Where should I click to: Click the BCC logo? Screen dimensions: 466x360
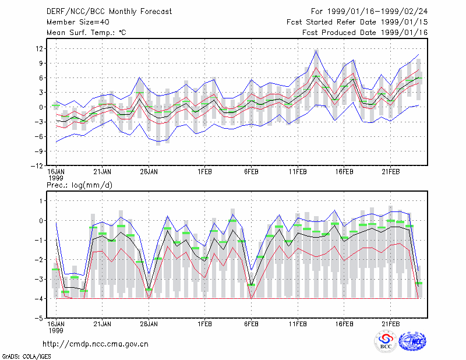[386, 341]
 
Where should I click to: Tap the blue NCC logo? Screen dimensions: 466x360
[413, 341]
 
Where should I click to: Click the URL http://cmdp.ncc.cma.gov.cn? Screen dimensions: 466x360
[96, 344]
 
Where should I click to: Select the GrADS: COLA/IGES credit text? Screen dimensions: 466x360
[26, 357]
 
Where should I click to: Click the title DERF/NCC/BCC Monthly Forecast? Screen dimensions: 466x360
[109, 12]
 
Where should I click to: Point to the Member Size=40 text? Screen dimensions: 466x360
[78, 22]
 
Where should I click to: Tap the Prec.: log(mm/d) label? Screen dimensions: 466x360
[79, 185]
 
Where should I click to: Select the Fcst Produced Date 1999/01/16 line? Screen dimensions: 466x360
[365, 33]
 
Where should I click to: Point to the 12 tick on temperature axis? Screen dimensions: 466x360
[39, 48]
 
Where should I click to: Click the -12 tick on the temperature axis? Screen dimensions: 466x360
[37, 166]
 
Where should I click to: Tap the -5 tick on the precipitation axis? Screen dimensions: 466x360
[39, 319]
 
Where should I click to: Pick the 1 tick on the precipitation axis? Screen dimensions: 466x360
[41, 201]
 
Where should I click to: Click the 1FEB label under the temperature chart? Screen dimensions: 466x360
[205, 172]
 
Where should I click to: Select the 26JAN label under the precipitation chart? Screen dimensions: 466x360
[149, 324]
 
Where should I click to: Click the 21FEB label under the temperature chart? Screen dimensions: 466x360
[391, 172]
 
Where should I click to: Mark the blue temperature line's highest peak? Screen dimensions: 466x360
[316, 51]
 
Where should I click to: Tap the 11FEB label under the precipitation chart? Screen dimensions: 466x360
[298, 324]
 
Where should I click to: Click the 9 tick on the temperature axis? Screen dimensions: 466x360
[41, 63]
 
